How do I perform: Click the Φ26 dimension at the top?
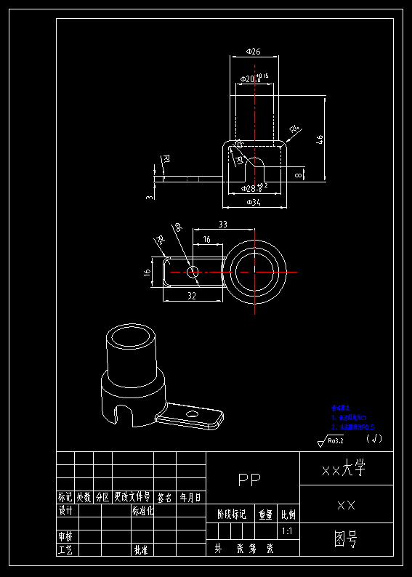(254, 52)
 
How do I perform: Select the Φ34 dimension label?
(254, 203)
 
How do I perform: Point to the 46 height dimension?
(320, 140)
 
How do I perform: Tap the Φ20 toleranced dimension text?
(254, 78)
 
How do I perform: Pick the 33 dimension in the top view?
(223, 225)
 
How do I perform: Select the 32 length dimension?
(192, 296)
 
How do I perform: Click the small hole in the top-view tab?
(192, 272)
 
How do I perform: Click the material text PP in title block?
(249, 480)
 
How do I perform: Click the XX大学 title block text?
(347, 469)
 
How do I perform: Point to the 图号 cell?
(346, 539)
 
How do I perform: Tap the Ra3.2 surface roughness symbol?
(331, 440)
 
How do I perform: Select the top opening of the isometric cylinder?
(132, 337)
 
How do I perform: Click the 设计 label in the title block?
(65, 511)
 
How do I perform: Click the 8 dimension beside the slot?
(299, 174)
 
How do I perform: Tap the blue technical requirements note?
(352, 418)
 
